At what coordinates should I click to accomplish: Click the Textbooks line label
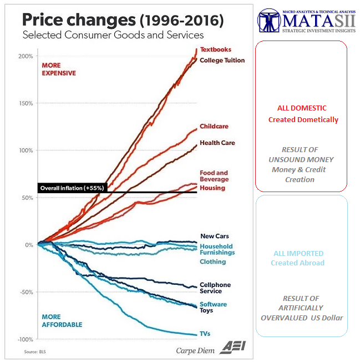(x=215, y=49)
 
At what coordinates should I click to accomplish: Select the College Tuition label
(x=222, y=60)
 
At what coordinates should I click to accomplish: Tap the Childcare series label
(x=214, y=126)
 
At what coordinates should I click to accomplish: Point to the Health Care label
(x=217, y=143)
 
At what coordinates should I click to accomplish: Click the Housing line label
(x=212, y=188)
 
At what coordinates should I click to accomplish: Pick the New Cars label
(x=214, y=236)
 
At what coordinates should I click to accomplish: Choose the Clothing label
(x=212, y=262)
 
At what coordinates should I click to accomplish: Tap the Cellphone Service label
(x=215, y=288)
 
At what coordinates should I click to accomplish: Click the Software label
(x=213, y=304)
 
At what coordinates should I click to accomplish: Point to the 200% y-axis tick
(x=26, y=56)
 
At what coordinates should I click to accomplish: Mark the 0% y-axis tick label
(x=28, y=245)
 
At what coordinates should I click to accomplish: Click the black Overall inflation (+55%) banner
(x=73, y=188)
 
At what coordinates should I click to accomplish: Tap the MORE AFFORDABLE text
(x=62, y=320)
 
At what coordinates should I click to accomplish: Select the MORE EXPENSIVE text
(x=58, y=69)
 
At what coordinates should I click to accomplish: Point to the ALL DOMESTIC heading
(x=302, y=108)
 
